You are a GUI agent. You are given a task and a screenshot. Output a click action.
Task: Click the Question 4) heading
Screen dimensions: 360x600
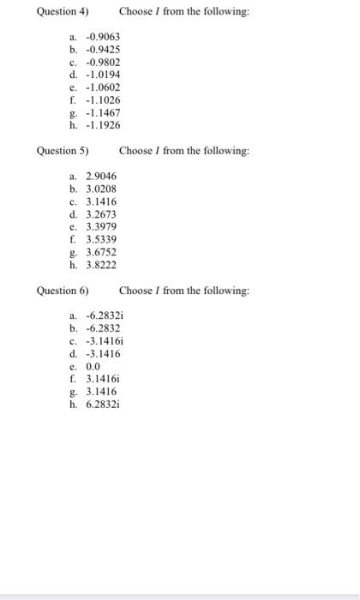[x=63, y=12]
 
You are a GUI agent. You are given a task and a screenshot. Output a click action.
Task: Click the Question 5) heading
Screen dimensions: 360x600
[x=63, y=151]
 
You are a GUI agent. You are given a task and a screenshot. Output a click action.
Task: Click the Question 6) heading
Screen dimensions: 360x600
[x=63, y=291]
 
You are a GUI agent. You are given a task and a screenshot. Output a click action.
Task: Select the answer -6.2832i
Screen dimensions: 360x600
[x=105, y=315]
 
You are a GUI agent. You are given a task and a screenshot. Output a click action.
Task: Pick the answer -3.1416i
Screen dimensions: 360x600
[x=105, y=339]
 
